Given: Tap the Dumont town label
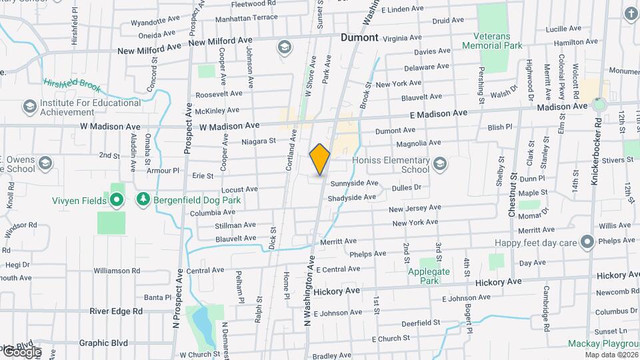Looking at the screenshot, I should click(x=359, y=37).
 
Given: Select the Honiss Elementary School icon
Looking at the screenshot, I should click(x=440, y=163).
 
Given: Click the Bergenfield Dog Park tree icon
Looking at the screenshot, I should click(x=142, y=199).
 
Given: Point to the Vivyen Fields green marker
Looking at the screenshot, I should click(x=117, y=199).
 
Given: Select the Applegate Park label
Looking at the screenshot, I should click(x=429, y=276).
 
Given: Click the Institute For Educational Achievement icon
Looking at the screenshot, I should click(x=29, y=107).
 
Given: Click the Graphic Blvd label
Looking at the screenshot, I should click(x=103, y=343).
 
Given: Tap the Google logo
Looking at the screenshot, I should click(x=21, y=351).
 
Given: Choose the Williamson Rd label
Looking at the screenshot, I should click(x=117, y=271).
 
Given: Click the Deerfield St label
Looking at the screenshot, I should click(x=419, y=323).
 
